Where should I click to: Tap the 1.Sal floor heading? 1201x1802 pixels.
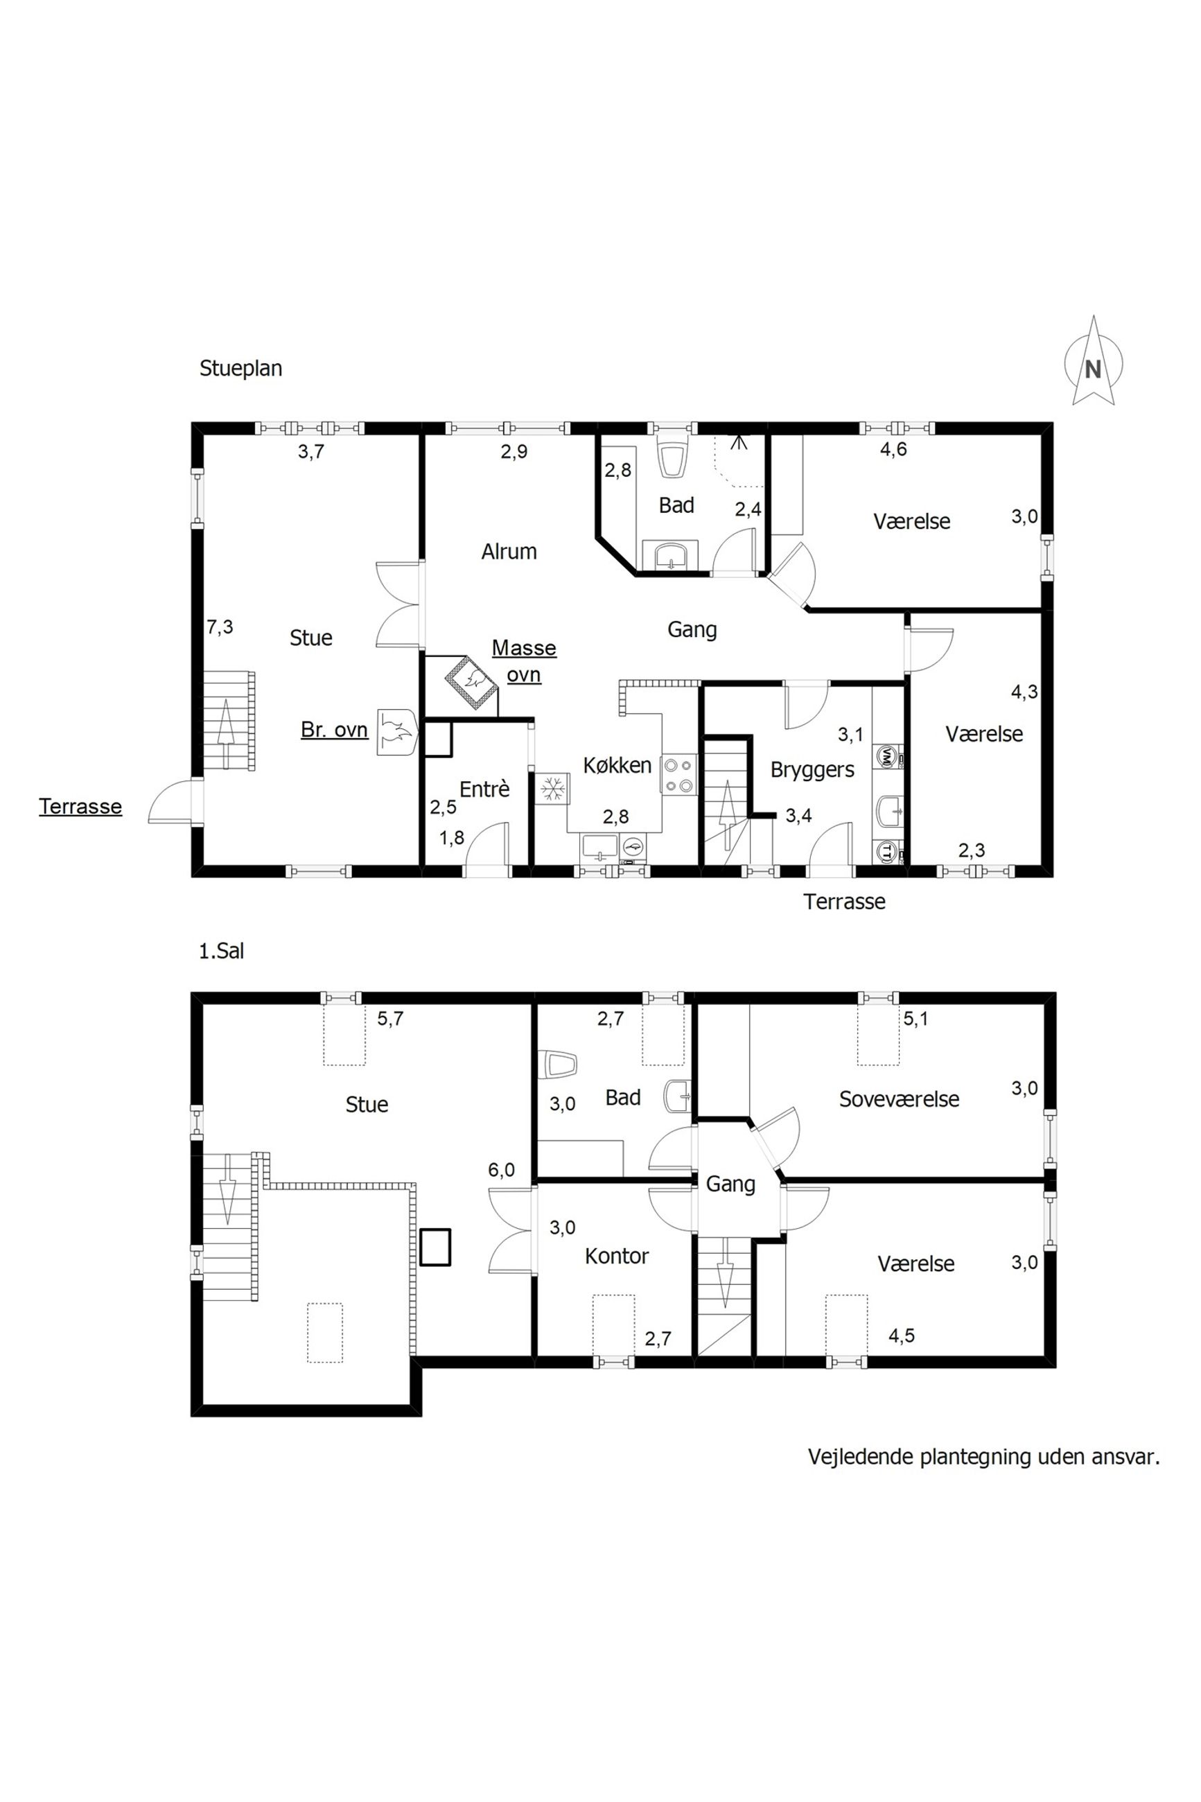coord(221,951)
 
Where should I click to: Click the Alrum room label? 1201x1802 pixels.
coord(509,552)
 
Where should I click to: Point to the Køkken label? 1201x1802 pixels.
coord(617,765)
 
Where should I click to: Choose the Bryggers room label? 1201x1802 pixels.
coord(812,769)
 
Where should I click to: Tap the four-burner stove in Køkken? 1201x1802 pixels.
coord(679,774)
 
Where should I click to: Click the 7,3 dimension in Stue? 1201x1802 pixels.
coord(220,627)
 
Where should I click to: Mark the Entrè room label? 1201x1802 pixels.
coord(484,789)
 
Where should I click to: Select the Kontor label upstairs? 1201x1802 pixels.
coord(617,1256)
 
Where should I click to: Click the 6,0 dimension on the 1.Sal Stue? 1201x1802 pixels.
coord(501,1170)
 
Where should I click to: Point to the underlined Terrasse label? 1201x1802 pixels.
coord(80,807)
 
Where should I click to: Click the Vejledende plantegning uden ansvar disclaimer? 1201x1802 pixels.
coord(984,1457)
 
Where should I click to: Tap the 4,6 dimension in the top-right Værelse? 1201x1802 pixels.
coord(893,450)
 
